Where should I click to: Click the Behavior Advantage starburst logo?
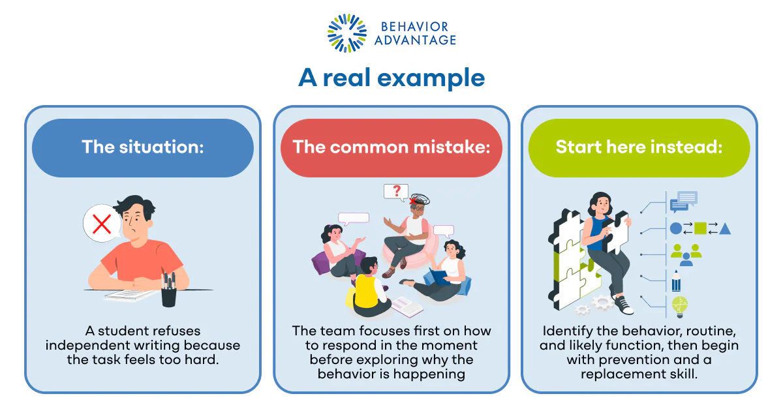tap(347, 33)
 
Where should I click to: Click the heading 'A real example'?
tap(391, 78)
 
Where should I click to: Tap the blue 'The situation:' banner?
tap(143, 147)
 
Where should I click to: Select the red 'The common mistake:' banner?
tap(391, 147)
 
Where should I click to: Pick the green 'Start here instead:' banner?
tap(639, 147)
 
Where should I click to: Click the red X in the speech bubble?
tap(102, 224)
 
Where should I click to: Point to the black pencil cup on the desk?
tap(169, 291)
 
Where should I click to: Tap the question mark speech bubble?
tap(395, 191)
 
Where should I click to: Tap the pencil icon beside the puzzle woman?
tap(676, 281)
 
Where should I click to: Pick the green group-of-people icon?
tap(685, 254)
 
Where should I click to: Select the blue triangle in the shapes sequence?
tap(725, 228)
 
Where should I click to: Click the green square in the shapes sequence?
tap(699, 228)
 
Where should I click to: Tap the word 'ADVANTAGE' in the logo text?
tap(415, 40)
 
